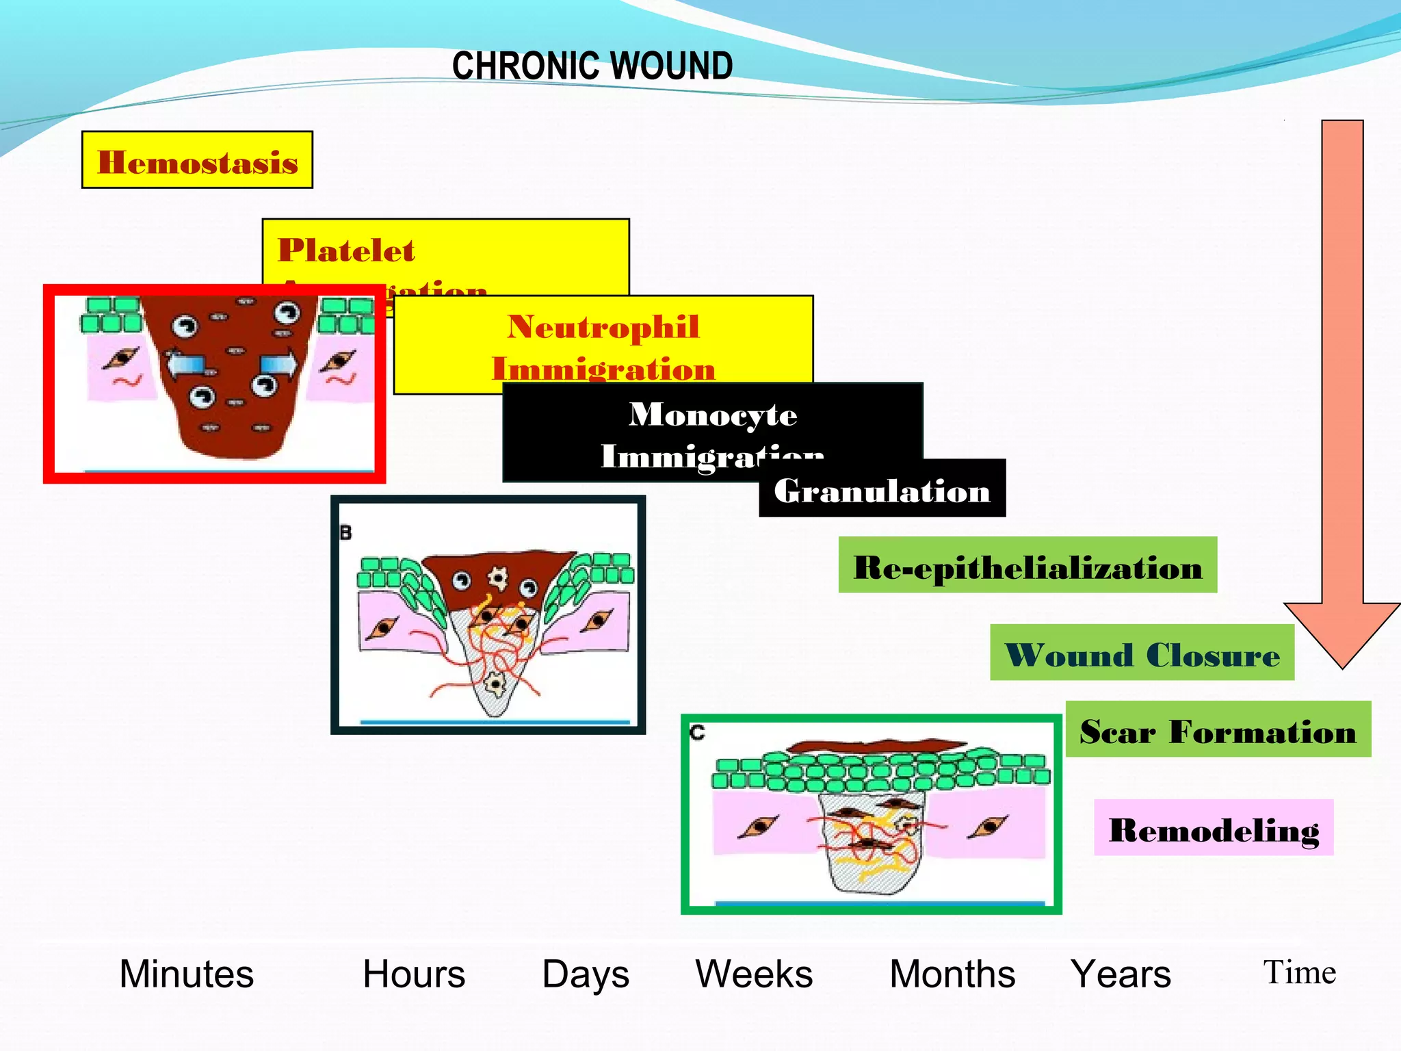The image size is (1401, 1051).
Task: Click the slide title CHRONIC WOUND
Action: [x=592, y=66]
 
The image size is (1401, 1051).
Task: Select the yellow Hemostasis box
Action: [x=197, y=160]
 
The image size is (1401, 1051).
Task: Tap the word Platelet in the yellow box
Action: [x=346, y=250]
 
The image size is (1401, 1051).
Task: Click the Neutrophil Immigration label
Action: [x=603, y=346]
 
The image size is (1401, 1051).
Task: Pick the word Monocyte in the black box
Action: [x=713, y=415]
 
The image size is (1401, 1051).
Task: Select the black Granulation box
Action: [x=882, y=490]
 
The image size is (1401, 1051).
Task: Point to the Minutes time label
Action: [x=187, y=974]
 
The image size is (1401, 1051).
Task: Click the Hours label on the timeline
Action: [x=414, y=974]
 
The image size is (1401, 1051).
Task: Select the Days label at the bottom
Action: [x=586, y=974]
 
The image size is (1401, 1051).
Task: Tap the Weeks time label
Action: [x=754, y=974]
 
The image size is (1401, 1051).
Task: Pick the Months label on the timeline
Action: [x=952, y=974]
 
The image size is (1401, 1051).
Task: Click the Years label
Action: [x=1121, y=974]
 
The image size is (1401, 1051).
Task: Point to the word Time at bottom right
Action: [x=1299, y=972]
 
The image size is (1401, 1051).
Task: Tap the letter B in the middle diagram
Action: [x=346, y=533]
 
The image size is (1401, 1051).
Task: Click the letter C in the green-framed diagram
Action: [x=697, y=733]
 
